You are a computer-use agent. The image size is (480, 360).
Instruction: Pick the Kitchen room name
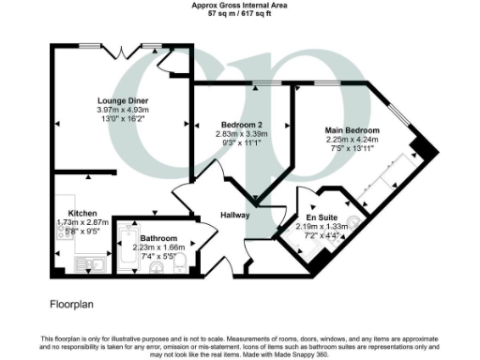(70, 212)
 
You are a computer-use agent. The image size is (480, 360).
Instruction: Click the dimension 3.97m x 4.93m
(123, 111)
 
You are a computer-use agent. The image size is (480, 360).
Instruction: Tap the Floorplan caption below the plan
(71, 305)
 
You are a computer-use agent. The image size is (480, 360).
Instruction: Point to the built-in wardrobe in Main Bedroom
(384, 187)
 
